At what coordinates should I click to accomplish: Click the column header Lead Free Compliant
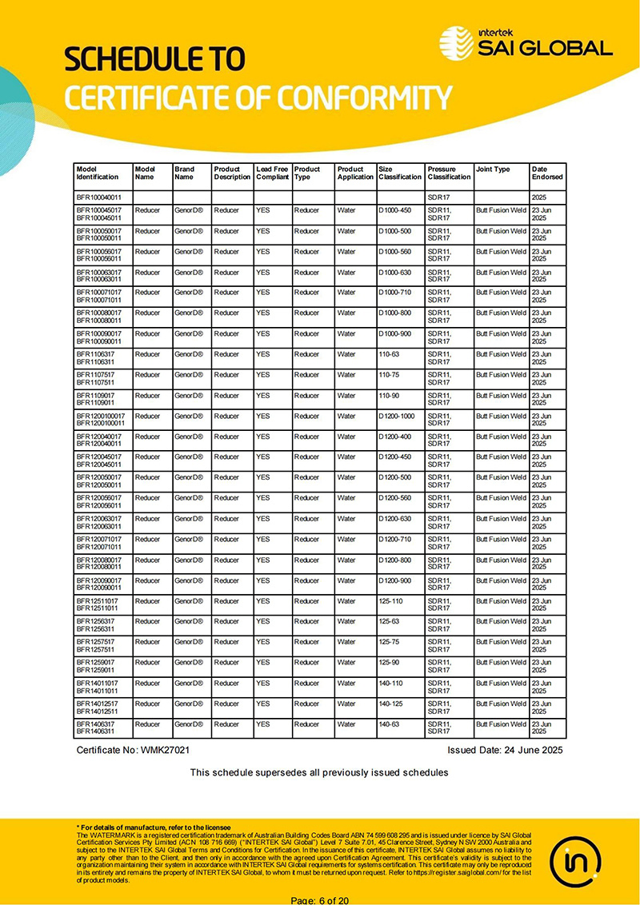coord(272,173)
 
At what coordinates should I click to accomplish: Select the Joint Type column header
coord(493,169)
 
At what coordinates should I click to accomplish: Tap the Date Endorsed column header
coord(547,173)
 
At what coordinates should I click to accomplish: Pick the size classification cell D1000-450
coord(394,210)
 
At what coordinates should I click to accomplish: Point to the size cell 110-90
coord(389,395)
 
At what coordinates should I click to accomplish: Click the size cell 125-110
coord(390,601)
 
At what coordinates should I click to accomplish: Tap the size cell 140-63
coord(389,724)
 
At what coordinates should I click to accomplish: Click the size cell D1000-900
coord(394,333)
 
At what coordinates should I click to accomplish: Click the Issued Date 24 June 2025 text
coord(505,751)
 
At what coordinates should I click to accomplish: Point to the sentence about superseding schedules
coord(318,772)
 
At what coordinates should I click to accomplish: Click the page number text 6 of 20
coord(320,900)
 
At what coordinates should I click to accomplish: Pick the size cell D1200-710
coord(394,539)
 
